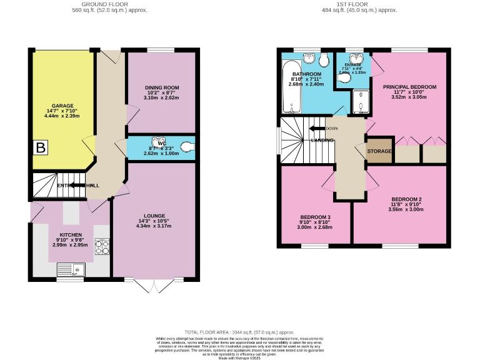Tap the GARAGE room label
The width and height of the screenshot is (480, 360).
[63, 106]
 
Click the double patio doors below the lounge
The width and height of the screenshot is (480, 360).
[153, 286]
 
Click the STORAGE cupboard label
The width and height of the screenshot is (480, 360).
[379, 151]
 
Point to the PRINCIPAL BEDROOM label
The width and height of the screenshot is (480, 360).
[409, 87]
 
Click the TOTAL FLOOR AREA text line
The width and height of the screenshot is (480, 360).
[239, 332]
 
